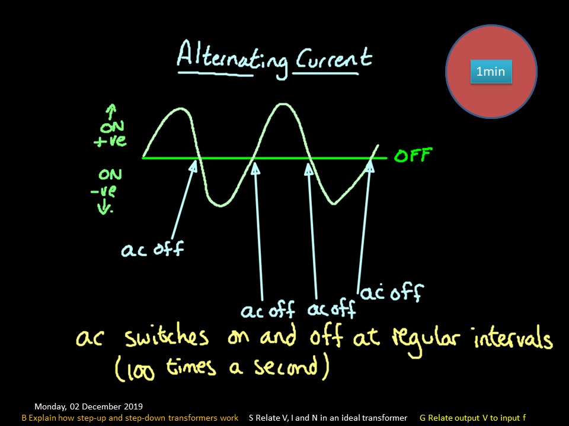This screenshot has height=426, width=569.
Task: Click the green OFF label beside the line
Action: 413,156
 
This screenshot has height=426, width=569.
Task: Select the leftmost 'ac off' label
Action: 152,250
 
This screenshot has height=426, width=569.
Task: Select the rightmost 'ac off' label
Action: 392,292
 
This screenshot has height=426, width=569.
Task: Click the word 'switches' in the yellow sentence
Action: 167,337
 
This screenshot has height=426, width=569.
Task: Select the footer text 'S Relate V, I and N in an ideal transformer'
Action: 328,418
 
